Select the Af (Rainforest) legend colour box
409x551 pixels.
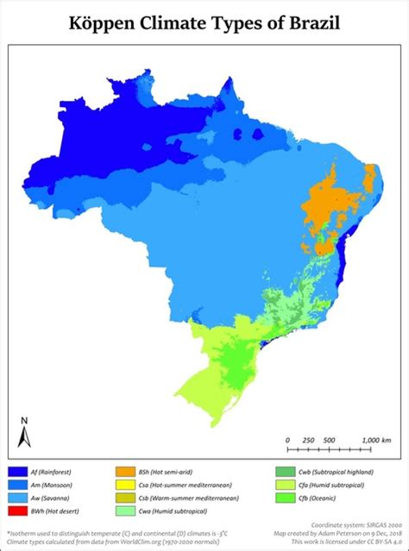pos(17,473)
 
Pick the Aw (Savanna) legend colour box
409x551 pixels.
pos(17,498)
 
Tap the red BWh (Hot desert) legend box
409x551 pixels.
pos(17,511)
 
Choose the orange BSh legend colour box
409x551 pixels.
pos(123,473)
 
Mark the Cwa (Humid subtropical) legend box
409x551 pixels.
pos(123,511)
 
